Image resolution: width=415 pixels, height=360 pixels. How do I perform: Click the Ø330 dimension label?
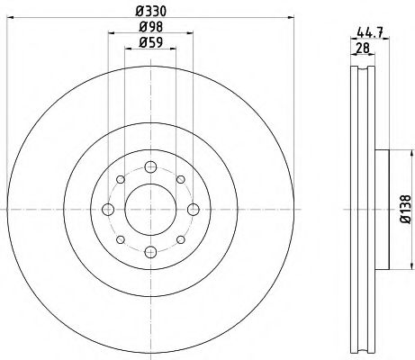tap(150, 11)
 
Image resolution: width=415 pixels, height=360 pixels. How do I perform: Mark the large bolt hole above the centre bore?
tap(150, 167)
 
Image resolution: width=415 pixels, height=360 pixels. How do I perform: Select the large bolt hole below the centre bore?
tap(150, 252)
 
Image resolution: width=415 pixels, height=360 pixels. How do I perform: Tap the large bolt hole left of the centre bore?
tap(108, 210)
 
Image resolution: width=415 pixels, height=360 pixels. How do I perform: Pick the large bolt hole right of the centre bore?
tap(193, 210)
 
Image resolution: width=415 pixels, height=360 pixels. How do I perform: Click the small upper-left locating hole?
tap(121, 180)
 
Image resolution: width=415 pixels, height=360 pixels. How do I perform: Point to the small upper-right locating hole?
tap(180, 180)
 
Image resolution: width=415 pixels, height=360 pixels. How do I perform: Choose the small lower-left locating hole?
tap(121, 239)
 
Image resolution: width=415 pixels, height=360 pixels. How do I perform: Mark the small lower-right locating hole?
tap(180, 239)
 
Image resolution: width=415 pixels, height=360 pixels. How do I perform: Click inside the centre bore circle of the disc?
tap(150, 210)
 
